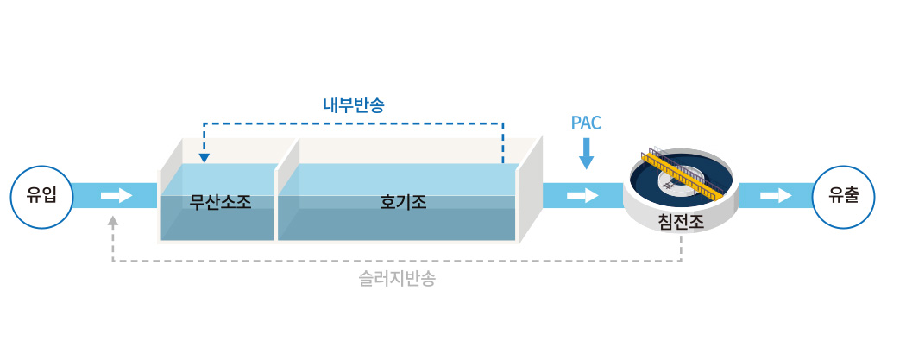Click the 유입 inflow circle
coord(41,197)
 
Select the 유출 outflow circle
coord(844,197)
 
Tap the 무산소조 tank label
coord(221,202)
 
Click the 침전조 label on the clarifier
coord(682,223)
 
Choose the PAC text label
coord(586,123)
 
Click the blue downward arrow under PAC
coord(587,154)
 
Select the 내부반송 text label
coord(354,105)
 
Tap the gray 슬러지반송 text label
coord(397,279)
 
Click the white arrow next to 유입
coord(116,196)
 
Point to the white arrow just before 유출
coord(776,196)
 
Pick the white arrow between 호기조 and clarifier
coord(582,196)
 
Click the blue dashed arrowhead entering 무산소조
coord(204,158)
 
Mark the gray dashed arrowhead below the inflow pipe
coord(113,220)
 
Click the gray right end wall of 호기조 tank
coord(530,190)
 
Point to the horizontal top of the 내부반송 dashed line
coord(353,123)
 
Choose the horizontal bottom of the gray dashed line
coord(397,262)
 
